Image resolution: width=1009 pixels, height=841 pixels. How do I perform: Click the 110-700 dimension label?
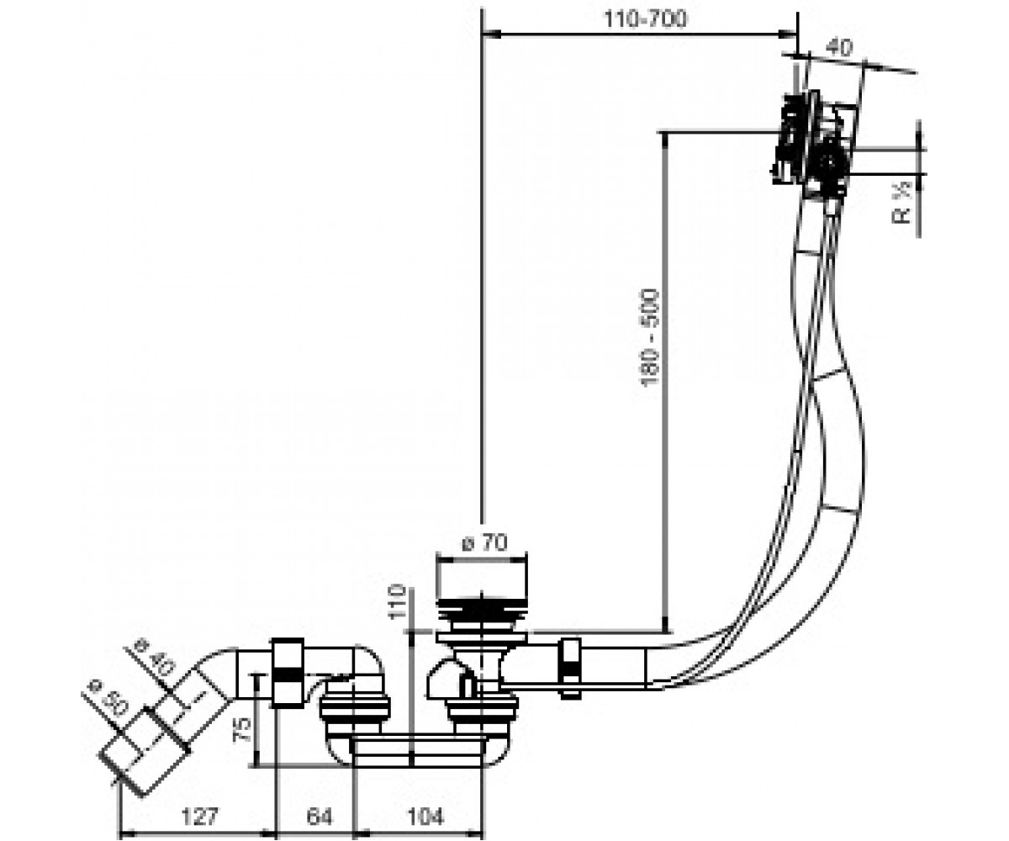(645, 19)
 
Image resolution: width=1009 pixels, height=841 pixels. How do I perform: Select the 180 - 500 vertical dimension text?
(650, 337)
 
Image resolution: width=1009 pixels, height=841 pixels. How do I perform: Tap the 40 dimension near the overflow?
(839, 47)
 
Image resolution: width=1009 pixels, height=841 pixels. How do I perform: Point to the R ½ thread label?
(901, 202)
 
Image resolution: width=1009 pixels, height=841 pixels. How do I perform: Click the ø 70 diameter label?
(484, 542)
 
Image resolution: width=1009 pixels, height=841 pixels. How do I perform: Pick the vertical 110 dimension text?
(398, 601)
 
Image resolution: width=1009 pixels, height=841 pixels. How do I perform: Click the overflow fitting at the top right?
(814, 144)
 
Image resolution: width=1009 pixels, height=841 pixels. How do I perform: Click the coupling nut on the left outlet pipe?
(288, 673)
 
